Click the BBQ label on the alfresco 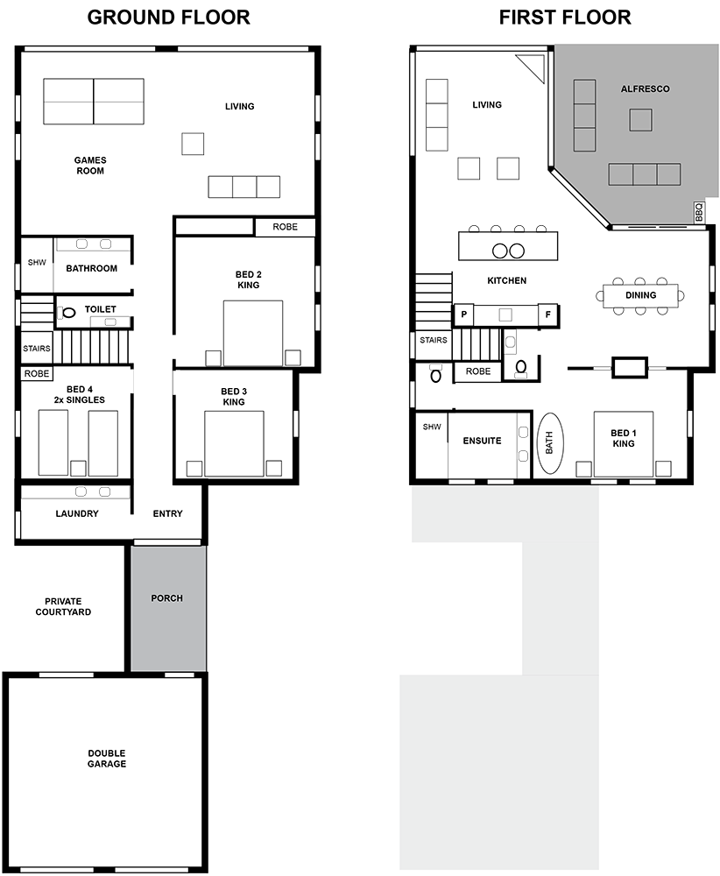point(699,212)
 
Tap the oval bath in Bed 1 point(550,443)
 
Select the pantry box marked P point(463,314)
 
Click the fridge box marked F point(547,314)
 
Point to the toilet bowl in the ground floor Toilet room point(69,313)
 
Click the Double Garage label point(107,758)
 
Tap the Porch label point(167,597)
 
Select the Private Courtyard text point(63,606)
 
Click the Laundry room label point(77,513)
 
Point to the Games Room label point(90,166)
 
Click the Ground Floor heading point(169,18)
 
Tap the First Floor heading point(565,18)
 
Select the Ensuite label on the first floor point(482,441)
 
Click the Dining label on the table point(640,295)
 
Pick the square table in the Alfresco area point(640,119)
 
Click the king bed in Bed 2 point(253,333)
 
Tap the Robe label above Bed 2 point(285,227)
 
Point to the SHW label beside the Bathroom point(37,262)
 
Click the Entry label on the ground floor point(167,513)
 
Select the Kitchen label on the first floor point(506,280)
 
